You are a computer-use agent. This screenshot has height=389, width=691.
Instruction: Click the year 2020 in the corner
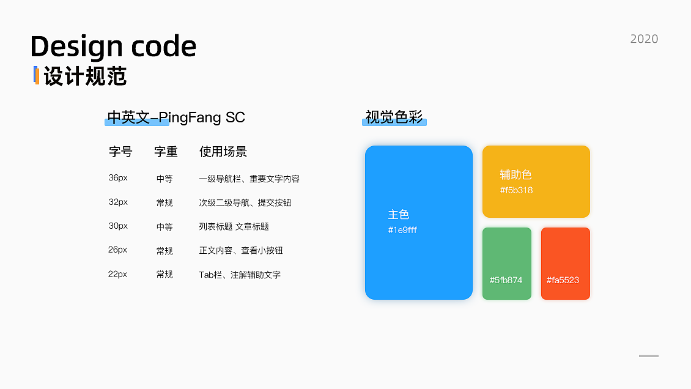(x=644, y=39)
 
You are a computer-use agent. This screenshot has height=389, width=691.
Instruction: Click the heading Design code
(x=113, y=46)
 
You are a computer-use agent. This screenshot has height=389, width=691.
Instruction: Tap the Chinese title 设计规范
(x=85, y=77)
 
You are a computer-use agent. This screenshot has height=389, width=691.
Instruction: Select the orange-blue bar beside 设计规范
(x=37, y=75)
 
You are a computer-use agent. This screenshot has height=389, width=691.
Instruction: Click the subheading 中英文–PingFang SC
(x=176, y=117)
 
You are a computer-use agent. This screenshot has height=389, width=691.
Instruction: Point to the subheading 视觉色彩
(x=394, y=117)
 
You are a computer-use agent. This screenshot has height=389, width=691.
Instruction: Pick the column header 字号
(x=120, y=152)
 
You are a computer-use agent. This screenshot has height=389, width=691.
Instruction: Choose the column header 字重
(x=166, y=152)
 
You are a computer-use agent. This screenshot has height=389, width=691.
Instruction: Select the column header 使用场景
(x=223, y=152)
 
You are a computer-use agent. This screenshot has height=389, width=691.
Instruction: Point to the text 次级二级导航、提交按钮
(x=245, y=202)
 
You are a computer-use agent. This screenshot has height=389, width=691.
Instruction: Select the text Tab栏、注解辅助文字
(x=240, y=275)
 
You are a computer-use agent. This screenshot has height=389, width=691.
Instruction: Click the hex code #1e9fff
(x=402, y=231)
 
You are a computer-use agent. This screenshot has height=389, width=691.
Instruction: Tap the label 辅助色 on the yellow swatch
(x=515, y=175)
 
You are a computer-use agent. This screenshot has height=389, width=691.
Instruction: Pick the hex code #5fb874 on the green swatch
(x=506, y=280)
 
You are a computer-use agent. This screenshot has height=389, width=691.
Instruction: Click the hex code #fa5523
(x=563, y=280)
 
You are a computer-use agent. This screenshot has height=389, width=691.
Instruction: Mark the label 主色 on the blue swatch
(x=399, y=215)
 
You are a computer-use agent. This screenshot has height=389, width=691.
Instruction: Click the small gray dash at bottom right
(x=648, y=355)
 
